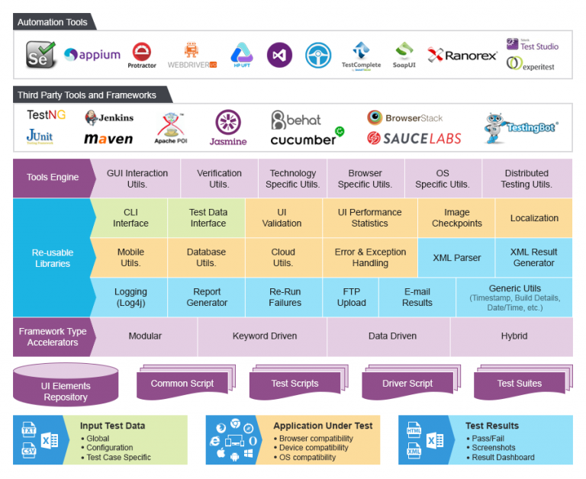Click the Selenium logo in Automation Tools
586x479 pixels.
coord(41,54)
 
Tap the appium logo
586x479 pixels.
coord(92,55)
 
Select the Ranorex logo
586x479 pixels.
coord(462,55)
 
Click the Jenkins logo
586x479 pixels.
coord(109,117)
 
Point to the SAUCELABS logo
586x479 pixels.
coord(414,138)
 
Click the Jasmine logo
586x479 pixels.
coord(228,127)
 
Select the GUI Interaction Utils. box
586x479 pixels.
coord(137,178)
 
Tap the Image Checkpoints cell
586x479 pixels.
coord(456,218)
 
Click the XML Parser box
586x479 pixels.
coord(456,258)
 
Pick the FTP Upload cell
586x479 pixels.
coord(351,297)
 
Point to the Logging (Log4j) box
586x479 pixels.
coord(130,297)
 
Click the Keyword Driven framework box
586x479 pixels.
coord(264,336)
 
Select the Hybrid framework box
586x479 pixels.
coord(514,336)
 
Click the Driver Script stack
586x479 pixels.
coord(407,384)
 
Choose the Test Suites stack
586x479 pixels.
coord(519,384)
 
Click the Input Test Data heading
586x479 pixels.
coord(112,426)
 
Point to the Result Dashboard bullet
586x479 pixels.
coord(503,458)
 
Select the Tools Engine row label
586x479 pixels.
coord(53,178)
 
